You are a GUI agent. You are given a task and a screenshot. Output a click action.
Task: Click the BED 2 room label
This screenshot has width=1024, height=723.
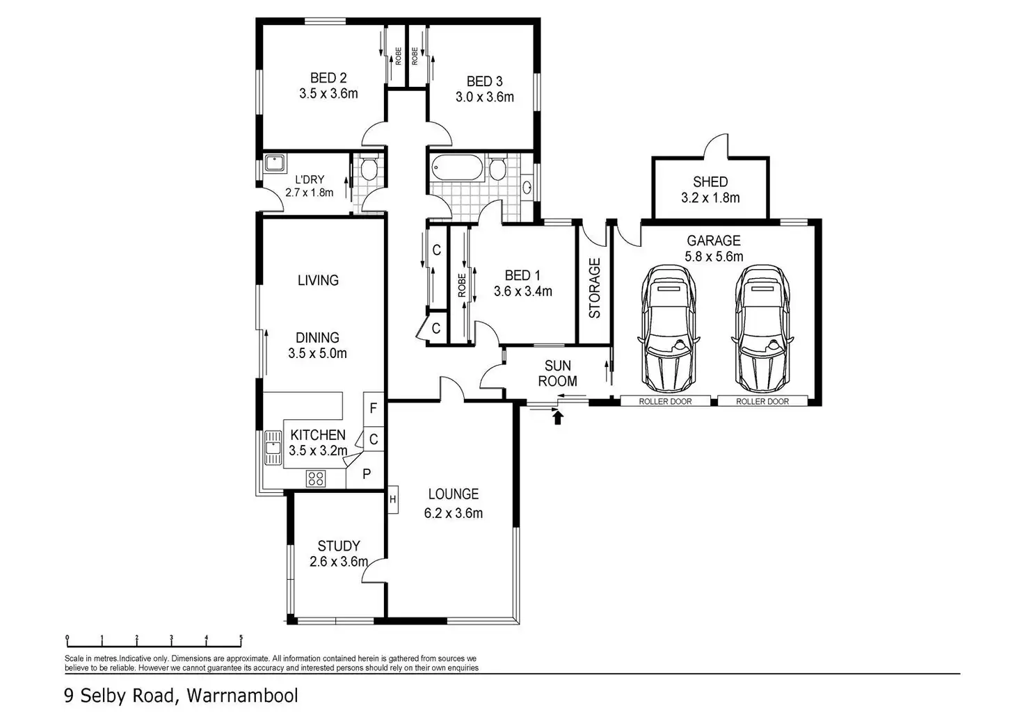pyautogui.click(x=328, y=78)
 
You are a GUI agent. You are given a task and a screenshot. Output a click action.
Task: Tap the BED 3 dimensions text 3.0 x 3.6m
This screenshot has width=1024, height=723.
pyautogui.click(x=485, y=97)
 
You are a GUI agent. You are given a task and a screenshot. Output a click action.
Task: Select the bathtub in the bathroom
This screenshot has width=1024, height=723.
pyautogui.click(x=456, y=168)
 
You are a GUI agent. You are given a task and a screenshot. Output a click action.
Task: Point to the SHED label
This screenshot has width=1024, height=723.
pyautogui.click(x=710, y=182)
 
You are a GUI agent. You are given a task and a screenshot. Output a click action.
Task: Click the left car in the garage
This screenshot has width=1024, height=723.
pyautogui.click(x=668, y=327)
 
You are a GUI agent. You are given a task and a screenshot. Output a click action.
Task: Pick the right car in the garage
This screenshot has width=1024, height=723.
pyautogui.click(x=762, y=327)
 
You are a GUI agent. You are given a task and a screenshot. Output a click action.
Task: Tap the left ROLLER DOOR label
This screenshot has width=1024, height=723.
pyautogui.click(x=665, y=401)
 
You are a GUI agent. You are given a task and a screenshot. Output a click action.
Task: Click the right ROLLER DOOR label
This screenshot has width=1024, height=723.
pyautogui.click(x=762, y=401)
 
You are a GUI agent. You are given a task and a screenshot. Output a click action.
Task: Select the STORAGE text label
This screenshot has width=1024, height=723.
pyautogui.click(x=595, y=288)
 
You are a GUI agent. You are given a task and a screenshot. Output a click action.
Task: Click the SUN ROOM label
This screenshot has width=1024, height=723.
pyautogui.click(x=558, y=373)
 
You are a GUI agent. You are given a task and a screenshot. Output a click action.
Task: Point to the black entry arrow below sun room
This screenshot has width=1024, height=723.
pyautogui.click(x=557, y=417)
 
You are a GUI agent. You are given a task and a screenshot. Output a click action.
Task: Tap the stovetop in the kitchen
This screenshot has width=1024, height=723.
pyautogui.click(x=316, y=478)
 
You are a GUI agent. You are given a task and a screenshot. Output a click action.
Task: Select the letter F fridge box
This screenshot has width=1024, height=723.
pyautogui.click(x=373, y=408)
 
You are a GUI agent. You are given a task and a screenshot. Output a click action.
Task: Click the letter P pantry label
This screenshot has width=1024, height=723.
pyautogui.click(x=367, y=474)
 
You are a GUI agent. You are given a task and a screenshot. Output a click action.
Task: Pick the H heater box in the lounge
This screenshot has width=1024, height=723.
pyautogui.click(x=393, y=499)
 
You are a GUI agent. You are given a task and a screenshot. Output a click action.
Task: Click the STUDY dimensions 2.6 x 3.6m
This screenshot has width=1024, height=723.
pyautogui.click(x=338, y=562)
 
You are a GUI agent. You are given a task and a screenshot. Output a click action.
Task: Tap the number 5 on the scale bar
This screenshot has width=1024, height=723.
pyautogui.click(x=241, y=638)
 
